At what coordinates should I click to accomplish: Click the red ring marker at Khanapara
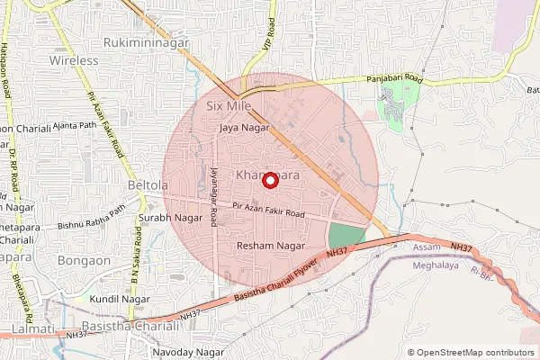(268, 180)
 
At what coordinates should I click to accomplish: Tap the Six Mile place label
(227, 106)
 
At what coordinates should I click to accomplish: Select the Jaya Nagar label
(244, 129)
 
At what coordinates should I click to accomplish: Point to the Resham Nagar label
(270, 246)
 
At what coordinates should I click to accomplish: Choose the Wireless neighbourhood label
(74, 60)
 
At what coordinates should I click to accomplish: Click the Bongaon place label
(85, 261)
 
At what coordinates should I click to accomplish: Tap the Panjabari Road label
(394, 79)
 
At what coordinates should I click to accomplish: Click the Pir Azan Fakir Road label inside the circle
(268, 214)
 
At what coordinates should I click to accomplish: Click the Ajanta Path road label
(76, 125)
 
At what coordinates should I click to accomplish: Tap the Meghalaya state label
(436, 265)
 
